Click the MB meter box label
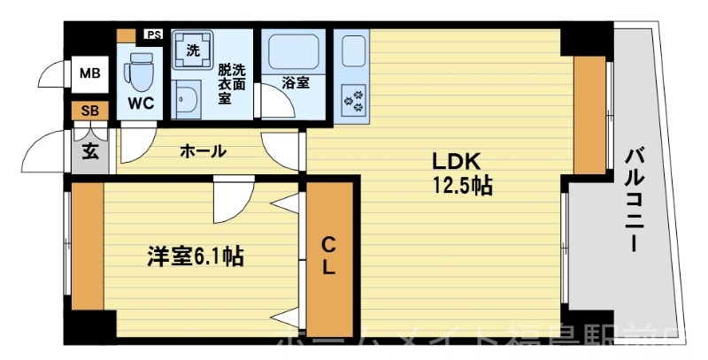[90, 73]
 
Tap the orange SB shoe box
[90, 111]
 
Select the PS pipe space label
[153, 35]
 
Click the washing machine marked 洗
[192, 50]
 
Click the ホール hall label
[203, 151]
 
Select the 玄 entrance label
[90, 149]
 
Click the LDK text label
[455, 163]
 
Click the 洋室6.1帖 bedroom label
[195, 257]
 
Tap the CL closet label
[328, 256]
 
